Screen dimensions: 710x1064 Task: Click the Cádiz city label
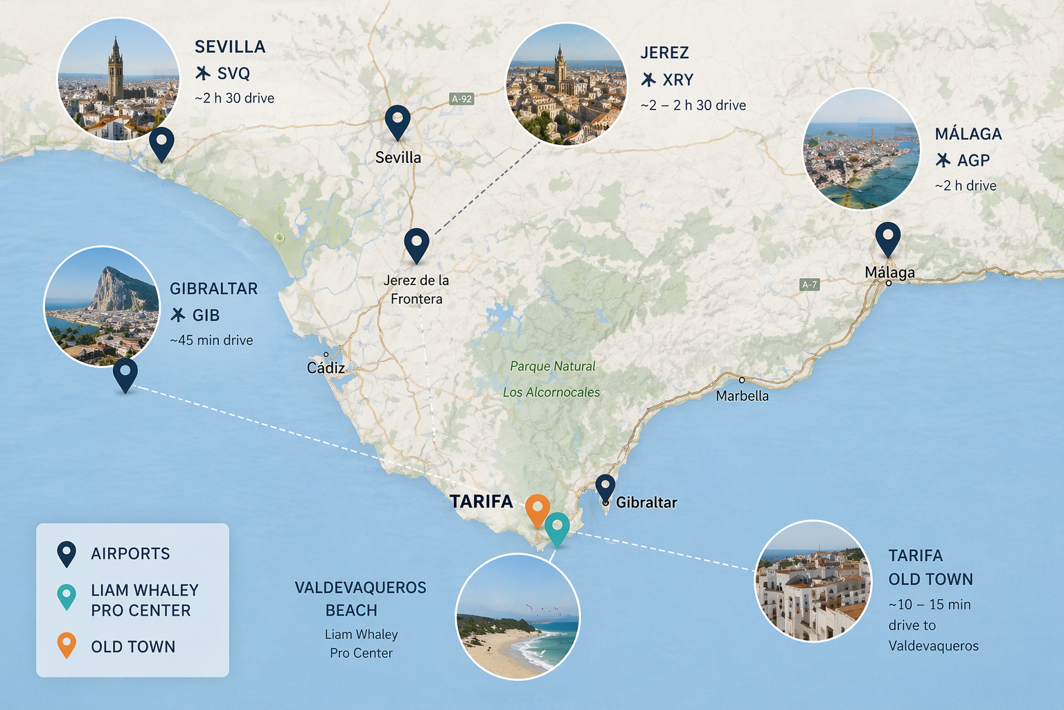326,368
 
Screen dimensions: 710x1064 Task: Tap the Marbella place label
742,396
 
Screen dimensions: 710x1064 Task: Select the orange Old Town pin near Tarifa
538,509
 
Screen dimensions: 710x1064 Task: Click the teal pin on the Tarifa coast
557,528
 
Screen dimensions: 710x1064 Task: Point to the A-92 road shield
462,99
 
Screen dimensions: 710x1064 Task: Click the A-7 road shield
810,284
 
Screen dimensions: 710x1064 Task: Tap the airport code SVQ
233,73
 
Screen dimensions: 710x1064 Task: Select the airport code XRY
677,80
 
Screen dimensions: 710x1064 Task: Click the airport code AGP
973,161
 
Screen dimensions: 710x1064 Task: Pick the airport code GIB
206,315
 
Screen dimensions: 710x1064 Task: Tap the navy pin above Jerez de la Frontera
416,243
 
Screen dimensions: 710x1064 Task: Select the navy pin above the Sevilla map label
398,121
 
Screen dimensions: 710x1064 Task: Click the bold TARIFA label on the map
481,501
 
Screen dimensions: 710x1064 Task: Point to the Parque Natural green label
553,366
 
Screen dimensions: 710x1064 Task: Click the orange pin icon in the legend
66,644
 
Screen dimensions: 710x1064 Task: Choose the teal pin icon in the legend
66,596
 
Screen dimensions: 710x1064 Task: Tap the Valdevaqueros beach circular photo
517,616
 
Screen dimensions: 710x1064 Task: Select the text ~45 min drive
211,340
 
